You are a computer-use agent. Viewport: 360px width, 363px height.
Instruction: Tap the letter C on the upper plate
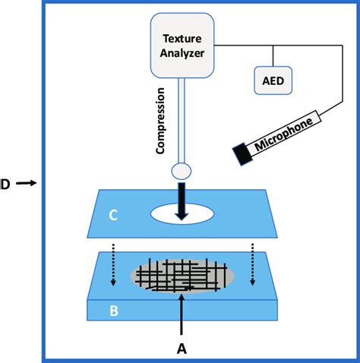(x=112, y=216)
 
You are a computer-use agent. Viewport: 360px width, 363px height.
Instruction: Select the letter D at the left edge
(x=5, y=183)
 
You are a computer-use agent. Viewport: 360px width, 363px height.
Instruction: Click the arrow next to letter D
(x=25, y=183)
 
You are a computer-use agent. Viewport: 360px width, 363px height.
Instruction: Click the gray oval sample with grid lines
(x=182, y=274)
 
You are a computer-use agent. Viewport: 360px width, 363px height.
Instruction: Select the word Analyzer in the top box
(x=185, y=52)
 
